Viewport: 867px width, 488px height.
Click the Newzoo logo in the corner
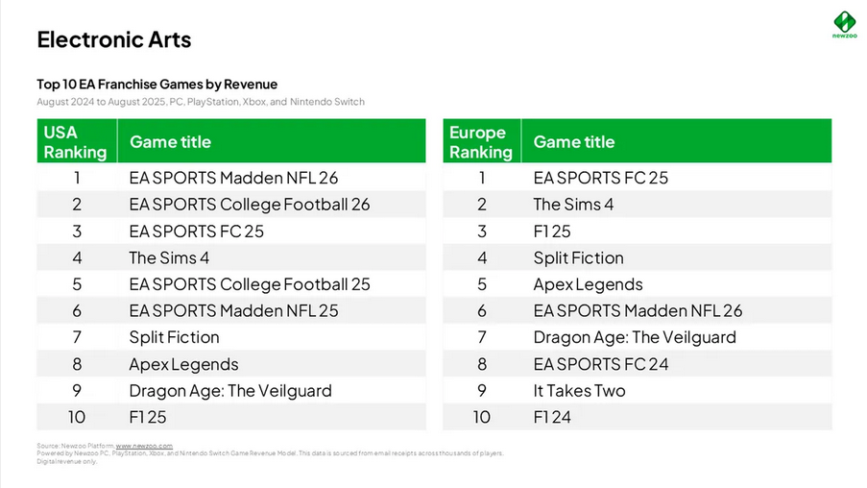click(x=843, y=23)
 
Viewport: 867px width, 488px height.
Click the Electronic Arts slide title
click(x=113, y=39)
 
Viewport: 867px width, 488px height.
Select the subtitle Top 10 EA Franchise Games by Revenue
click(x=157, y=85)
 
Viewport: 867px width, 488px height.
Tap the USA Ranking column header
click(x=75, y=141)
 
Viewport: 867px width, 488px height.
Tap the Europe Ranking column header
click(x=480, y=141)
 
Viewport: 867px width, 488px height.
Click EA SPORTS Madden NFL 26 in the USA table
click(x=233, y=178)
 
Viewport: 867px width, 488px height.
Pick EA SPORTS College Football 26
click(x=249, y=205)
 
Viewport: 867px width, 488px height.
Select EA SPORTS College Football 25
click(x=249, y=284)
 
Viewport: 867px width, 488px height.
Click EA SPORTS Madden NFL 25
click(x=233, y=311)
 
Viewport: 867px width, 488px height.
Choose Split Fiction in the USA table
click(x=174, y=337)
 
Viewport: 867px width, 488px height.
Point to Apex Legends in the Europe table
click(x=588, y=284)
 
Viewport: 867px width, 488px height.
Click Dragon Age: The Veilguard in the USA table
click(x=229, y=391)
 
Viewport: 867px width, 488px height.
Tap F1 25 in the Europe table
click(x=552, y=232)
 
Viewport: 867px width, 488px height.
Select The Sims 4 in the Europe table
click(x=573, y=205)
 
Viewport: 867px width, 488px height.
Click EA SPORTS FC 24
click(x=601, y=364)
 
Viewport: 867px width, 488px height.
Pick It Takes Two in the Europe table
click(x=579, y=391)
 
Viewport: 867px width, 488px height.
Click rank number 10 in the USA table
click(x=77, y=417)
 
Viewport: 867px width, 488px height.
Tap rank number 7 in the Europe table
click(x=482, y=337)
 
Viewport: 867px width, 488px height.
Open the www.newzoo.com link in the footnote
click(x=144, y=447)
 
